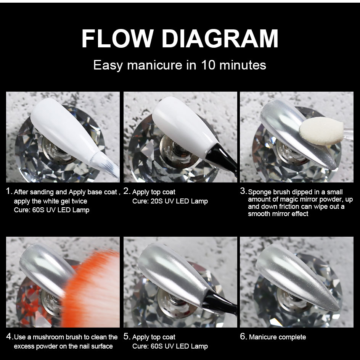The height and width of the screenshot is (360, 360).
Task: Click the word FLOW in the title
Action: [117, 39]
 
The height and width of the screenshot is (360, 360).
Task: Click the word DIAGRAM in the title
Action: [220, 39]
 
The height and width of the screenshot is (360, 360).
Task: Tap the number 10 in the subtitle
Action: [208, 65]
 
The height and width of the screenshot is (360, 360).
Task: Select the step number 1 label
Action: [9, 191]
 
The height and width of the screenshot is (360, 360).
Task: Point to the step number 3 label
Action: [243, 191]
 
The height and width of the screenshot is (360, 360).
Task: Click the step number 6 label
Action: [243, 336]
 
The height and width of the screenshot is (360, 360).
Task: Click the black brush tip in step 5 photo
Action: [219, 302]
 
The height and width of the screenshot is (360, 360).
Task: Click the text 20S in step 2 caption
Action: [156, 201]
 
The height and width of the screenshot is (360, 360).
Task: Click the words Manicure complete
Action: [277, 337]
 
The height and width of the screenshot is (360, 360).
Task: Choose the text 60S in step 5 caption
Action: [156, 346]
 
